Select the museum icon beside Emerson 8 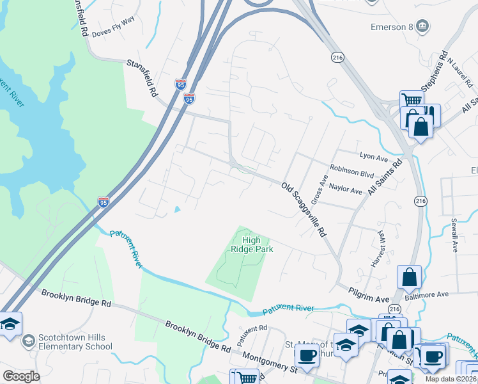[422, 26]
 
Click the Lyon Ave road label [374, 156]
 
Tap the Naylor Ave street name [346, 191]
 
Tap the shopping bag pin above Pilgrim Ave [409, 278]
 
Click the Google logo [21, 376]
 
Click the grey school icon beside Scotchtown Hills [28, 341]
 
